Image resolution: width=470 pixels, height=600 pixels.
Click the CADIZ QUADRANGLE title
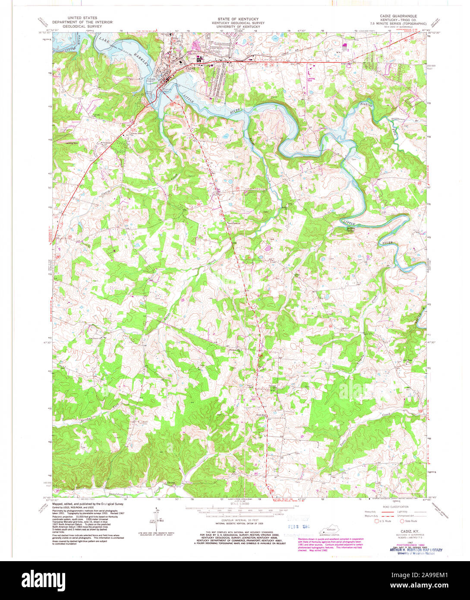coord(398,16)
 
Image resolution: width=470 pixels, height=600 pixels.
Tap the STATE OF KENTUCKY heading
coord(235,19)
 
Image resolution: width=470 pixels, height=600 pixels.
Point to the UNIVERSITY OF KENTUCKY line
coord(235,26)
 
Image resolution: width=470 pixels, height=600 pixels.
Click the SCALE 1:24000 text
coord(235,504)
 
